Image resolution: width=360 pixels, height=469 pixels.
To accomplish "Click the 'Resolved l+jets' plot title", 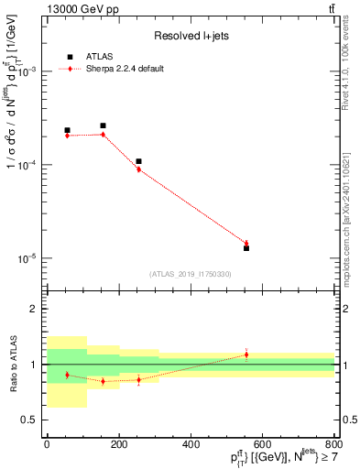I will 191,35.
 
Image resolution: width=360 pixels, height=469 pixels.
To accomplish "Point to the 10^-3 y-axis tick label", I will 29,71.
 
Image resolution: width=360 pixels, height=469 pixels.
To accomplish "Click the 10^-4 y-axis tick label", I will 29,165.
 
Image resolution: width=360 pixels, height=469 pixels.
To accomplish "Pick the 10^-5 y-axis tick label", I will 29,258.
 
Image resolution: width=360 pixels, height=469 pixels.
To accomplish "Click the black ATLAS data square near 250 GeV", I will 138,161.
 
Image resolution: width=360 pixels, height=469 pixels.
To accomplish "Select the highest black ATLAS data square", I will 103,125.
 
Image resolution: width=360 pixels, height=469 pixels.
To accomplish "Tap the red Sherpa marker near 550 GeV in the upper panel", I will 246,243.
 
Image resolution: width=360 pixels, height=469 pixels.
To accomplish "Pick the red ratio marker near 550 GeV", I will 246,354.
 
